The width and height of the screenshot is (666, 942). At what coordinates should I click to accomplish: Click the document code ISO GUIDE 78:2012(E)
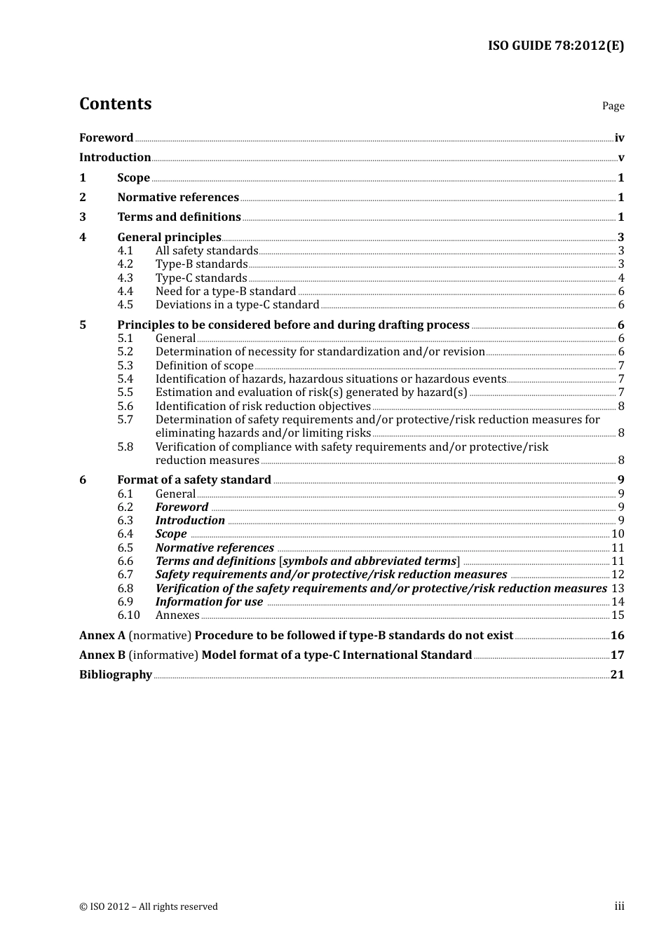(x=555, y=46)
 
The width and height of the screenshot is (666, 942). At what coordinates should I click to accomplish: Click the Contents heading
(x=115, y=104)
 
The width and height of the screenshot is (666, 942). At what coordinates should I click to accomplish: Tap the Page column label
(x=613, y=106)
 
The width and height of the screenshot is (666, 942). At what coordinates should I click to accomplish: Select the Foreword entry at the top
(x=106, y=138)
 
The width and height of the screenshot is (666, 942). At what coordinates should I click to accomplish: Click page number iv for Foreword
(x=619, y=138)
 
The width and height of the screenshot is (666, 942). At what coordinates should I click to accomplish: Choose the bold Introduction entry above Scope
(x=115, y=158)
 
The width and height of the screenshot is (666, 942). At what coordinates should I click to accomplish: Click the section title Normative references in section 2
(x=178, y=198)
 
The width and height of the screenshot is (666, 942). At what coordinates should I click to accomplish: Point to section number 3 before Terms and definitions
(x=83, y=217)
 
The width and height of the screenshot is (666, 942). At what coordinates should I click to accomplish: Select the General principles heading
(x=169, y=238)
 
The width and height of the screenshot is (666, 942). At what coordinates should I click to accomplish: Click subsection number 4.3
(x=125, y=278)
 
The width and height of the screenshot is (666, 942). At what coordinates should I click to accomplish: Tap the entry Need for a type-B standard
(x=226, y=292)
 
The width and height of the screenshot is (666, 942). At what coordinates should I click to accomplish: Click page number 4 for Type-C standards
(x=620, y=278)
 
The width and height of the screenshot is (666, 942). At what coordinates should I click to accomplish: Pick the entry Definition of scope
(x=204, y=366)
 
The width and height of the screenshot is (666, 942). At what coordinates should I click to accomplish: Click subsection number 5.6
(x=125, y=407)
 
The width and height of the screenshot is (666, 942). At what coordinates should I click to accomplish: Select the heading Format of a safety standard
(x=194, y=480)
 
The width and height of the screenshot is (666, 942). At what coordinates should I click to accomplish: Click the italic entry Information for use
(x=209, y=602)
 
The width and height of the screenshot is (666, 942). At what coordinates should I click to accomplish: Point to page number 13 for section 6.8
(x=617, y=589)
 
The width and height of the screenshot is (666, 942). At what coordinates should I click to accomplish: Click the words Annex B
(x=102, y=655)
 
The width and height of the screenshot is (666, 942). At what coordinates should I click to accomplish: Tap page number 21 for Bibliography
(x=617, y=675)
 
